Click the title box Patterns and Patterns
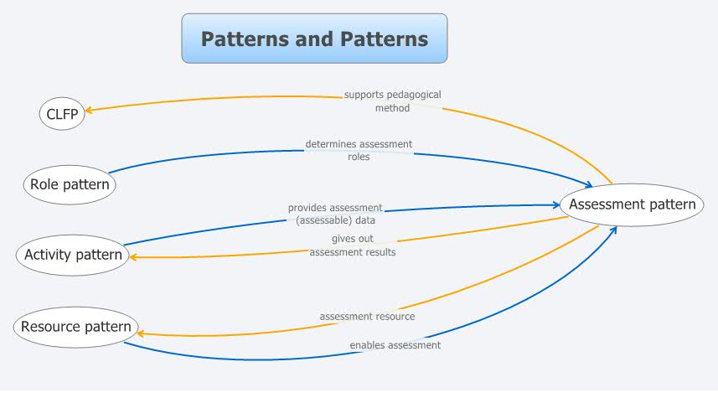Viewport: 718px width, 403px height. point(314,39)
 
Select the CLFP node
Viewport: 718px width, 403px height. point(63,114)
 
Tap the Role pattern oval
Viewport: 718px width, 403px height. point(69,184)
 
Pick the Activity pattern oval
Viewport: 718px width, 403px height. point(74,255)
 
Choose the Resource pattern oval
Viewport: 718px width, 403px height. point(75,327)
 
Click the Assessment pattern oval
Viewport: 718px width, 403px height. point(632,204)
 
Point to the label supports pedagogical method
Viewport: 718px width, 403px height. point(392,101)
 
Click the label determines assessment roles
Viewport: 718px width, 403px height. point(359,150)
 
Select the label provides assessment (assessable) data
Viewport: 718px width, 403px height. point(335,214)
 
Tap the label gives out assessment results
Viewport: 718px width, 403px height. point(352,245)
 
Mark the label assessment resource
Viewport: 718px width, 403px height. point(367,316)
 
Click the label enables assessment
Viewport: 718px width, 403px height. point(395,344)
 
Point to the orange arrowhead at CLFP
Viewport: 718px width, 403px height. point(90,109)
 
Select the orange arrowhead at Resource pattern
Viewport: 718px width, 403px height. point(140,333)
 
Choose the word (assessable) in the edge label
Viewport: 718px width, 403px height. point(314,220)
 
